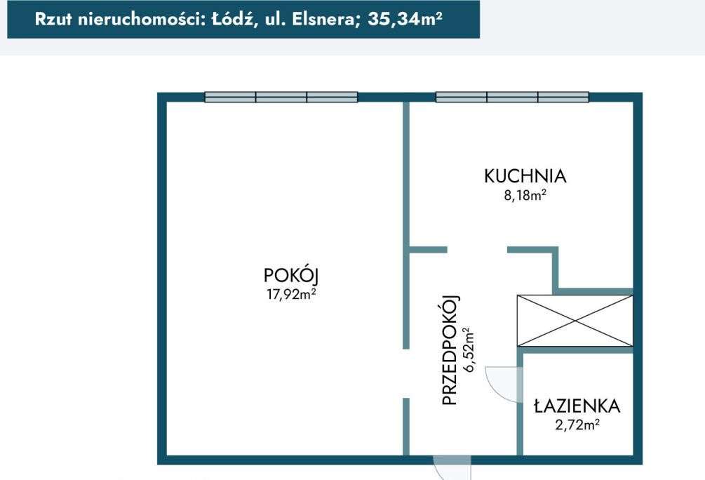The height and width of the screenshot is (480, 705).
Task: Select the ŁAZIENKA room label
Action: (x=576, y=406)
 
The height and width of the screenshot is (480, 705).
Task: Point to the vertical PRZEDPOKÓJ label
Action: (x=450, y=349)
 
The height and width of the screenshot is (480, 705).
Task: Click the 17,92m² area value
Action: (x=288, y=295)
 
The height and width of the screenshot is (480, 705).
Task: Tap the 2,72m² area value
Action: (x=576, y=424)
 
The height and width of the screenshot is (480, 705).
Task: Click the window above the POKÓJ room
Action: (x=281, y=98)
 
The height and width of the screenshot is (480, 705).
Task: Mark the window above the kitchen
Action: (x=512, y=98)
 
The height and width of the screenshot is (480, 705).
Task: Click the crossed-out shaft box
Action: (x=575, y=321)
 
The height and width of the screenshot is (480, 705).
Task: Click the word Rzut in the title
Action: (x=54, y=19)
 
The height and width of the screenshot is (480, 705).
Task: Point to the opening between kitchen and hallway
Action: (x=477, y=250)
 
